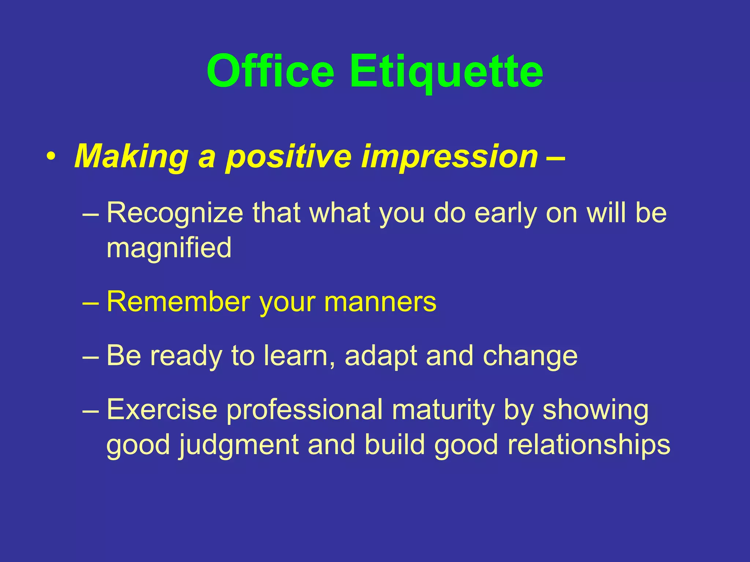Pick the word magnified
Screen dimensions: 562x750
[x=169, y=248]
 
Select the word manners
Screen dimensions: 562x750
[x=380, y=302]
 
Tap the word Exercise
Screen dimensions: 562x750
[x=162, y=409]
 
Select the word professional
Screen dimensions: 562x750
[x=304, y=409]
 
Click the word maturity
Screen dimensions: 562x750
[x=443, y=409]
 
